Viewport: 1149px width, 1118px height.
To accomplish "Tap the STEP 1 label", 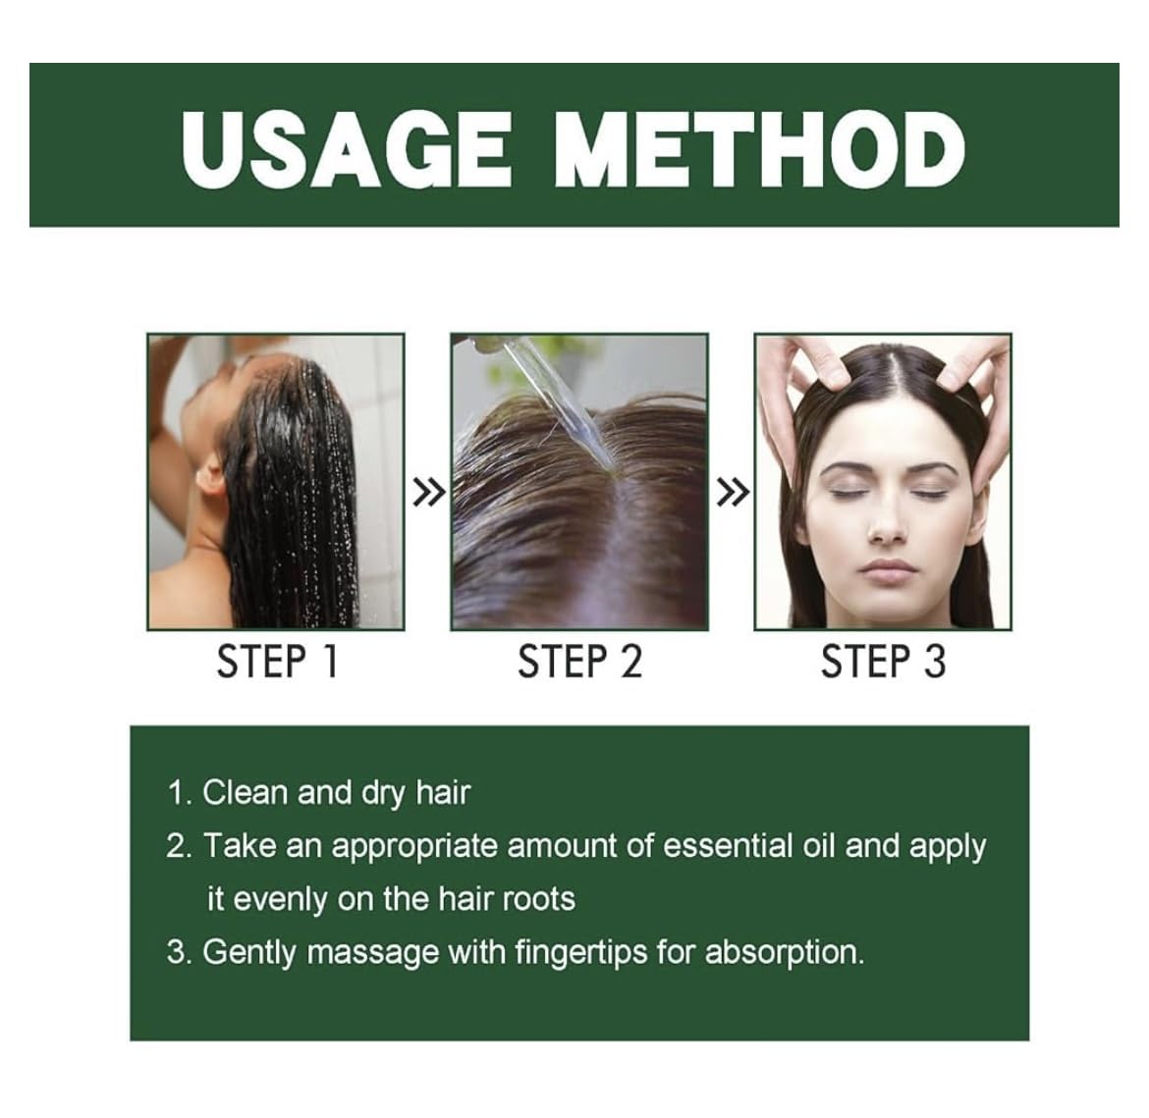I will (x=277, y=662).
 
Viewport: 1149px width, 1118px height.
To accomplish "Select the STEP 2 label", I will (x=579, y=662).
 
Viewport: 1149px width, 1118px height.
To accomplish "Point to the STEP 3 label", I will (x=883, y=662).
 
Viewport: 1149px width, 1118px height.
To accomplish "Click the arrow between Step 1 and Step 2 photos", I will (x=428, y=493).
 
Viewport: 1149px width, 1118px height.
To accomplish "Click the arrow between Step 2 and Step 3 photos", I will (x=732, y=493).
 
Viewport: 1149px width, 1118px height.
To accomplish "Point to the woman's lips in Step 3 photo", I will (x=889, y=569).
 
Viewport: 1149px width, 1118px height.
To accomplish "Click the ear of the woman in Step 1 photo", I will (x=209, y=477).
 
